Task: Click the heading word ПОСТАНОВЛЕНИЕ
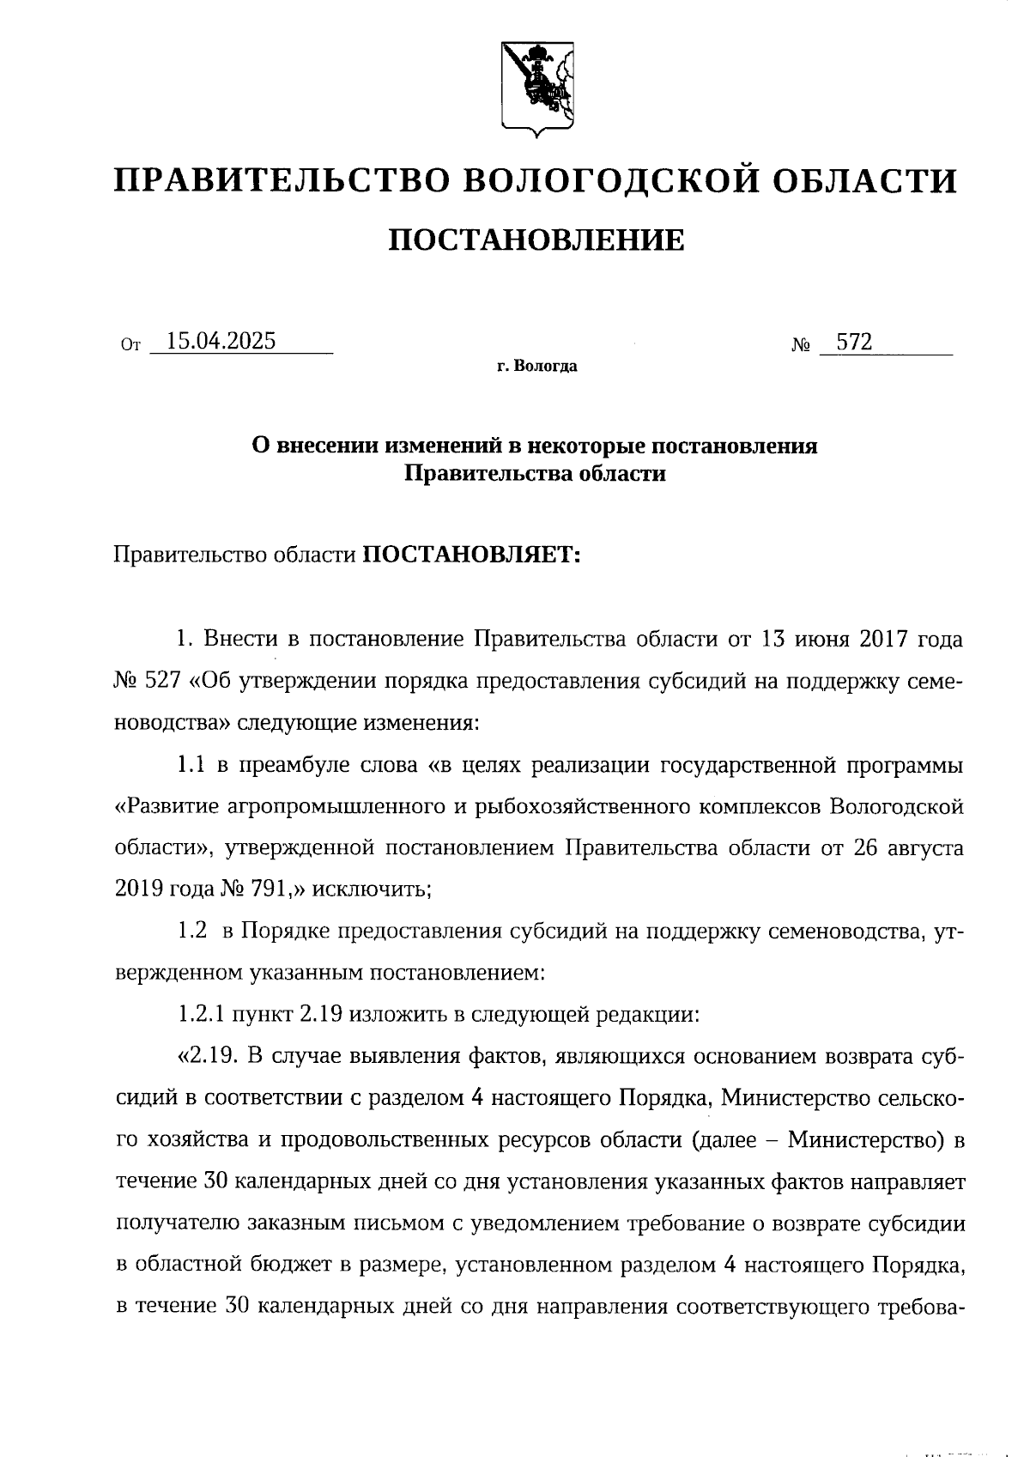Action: pyautogui.click(x=536, y=240)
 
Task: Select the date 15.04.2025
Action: pyautogui.click(x=221, y=342)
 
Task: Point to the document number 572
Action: pyautogui.click(x=854, y=343)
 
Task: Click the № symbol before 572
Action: pyautogui.click(x=801, y=346)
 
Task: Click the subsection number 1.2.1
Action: pyautogui.click(x=202, y=1014)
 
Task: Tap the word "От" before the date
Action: pyautogui.click(x=130, y=347)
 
